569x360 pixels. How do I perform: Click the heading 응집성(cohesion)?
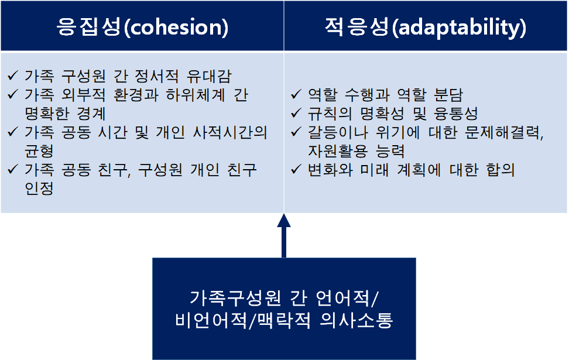point(142,28)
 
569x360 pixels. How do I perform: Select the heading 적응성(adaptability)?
point(426,28)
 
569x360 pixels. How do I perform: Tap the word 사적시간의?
point(229,132)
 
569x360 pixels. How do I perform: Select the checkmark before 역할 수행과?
point(297,95)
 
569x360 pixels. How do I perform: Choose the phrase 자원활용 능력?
point(356,152)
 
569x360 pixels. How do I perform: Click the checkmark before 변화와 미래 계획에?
point(297,170)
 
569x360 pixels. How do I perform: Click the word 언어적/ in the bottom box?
point(348,297)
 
